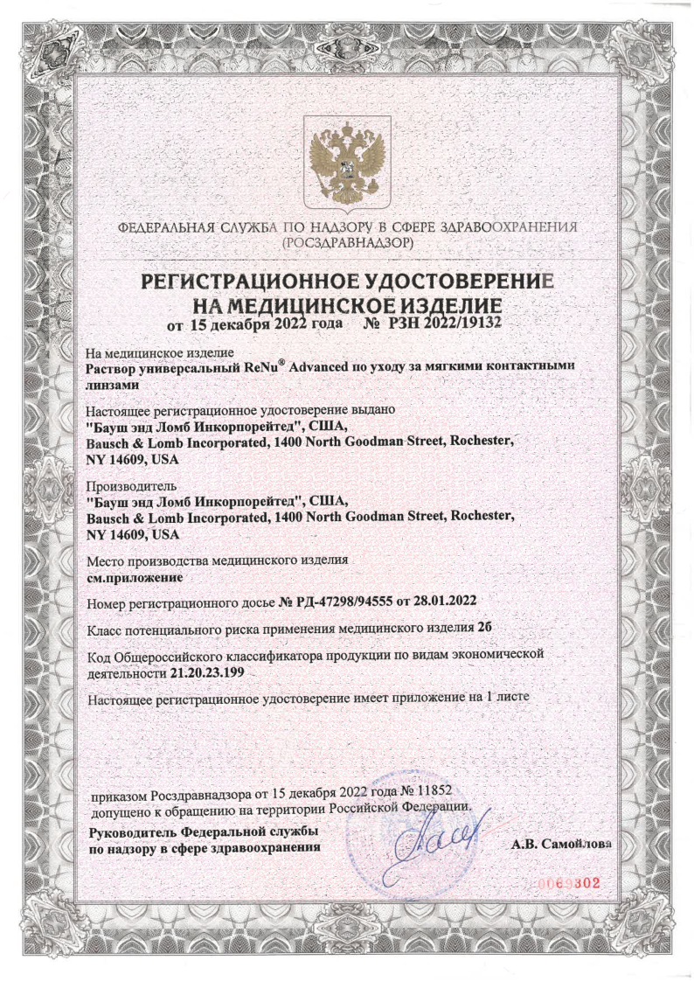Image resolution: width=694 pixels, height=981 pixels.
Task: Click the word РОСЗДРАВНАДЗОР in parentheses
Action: [x=347, y=242]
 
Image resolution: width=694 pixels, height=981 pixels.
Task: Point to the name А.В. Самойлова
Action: [x=560, y=845]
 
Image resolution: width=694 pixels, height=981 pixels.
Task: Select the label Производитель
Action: [x=132, y=486]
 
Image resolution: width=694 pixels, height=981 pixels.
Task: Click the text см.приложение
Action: [x=133, y=577]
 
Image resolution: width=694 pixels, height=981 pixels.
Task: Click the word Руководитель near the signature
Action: [x=135, y=831]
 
